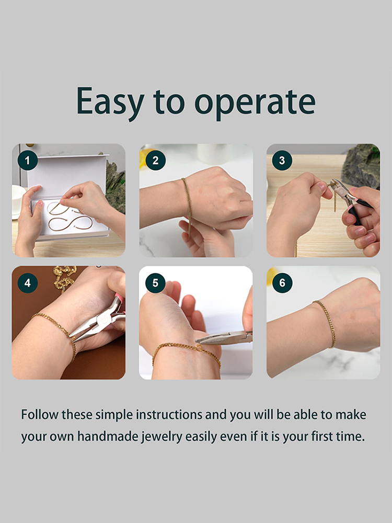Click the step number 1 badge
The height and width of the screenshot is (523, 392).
click(27, 161)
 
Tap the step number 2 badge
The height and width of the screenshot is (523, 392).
click(155, 161)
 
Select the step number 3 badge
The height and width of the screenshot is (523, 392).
click(282, 161)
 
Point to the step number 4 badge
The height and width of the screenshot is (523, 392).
click(27, 283)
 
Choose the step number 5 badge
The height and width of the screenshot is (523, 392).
click(155, 283)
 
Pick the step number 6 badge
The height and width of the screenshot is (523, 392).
click(282, 283)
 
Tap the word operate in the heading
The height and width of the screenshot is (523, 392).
click(255, 104)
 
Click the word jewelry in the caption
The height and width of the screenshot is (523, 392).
click(162, 437)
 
